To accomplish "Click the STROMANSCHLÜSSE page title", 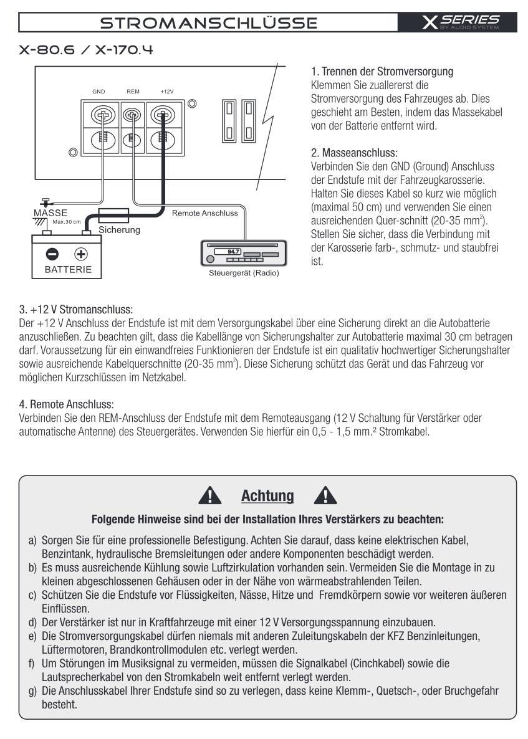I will pyautogui.click(x=209, y=23).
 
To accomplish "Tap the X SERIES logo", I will pyautogui.click(x=461, y=23).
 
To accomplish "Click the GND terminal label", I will pyautogui.click(x=99, y=91).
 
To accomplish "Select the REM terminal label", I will pyautogui.click(x=133, y=91).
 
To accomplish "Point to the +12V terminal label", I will pyautogui.click(x=166, y=91).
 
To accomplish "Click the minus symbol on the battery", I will pyautogui.click(x=53, y=254).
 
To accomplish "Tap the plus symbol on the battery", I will pyautogui.click(x=80, y=254).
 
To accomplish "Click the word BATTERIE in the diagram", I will pyautogui.click(x=67, y=270).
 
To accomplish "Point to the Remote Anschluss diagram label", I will pyautogui.click(x=204, y=213).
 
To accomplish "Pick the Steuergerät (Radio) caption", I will pyautogui.click(x=243, y=272).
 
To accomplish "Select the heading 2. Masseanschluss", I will pyautogui.click(x=354, y=152).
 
